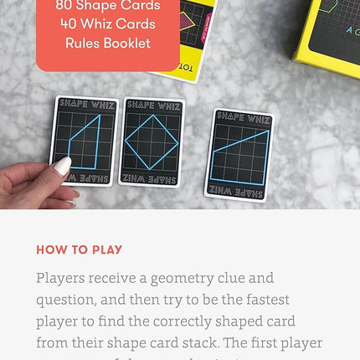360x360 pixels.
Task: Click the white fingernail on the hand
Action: coord(62,167)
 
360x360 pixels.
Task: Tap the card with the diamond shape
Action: coord(153,141)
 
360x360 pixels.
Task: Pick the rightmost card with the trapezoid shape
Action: coord(239,155)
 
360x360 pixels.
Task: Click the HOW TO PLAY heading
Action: coord(79,249)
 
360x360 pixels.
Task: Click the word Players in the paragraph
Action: coord(63,278)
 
